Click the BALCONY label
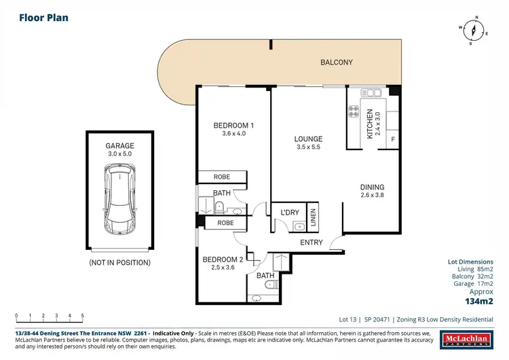(x=337, y=62)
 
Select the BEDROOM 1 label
(x=233, y=125)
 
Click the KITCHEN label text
(x=370, y=123)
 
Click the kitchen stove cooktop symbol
(x=353, y=111)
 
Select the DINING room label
(x=372, y=187)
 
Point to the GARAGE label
(x=119, y=145)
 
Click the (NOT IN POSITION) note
(x=119, y=262)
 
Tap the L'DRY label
(x=290, y=213)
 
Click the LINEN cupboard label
(x=313, y=217)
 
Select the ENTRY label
(x=312, y=242)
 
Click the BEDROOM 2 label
(x=223, y=259)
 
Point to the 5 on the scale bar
(x=82, y=316)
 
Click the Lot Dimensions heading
(x=474, y=262)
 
